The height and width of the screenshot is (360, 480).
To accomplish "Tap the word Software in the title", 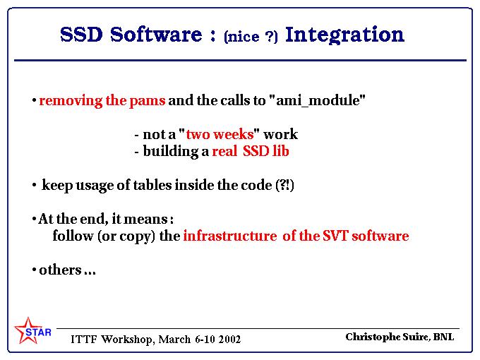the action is coord(156,35).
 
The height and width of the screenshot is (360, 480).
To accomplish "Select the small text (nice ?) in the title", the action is coord(251,37).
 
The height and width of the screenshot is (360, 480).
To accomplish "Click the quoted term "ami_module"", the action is coord(318,100).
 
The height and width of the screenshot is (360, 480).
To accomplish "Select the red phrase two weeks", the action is coord(220,134).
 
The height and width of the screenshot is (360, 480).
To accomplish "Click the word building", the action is coord(171,152).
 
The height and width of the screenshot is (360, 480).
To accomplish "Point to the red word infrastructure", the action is coord(230,236).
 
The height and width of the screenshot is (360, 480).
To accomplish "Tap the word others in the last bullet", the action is coord(60,270).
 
